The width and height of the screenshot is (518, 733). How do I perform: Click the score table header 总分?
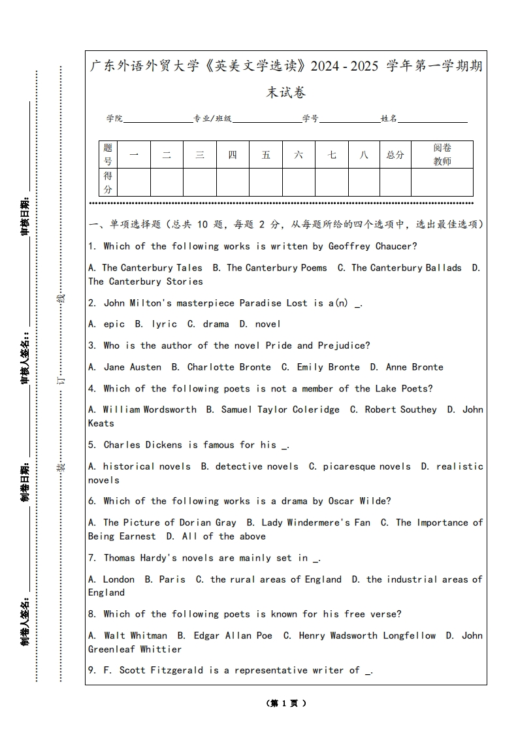[x=395, y=155]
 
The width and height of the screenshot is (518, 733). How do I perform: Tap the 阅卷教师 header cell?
[x=442, y=155]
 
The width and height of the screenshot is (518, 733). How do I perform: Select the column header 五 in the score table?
[x=266, y=155]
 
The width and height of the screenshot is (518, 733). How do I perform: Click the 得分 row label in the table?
[x=108, y=182]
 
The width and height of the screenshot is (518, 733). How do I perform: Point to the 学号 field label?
[x=310, y=119]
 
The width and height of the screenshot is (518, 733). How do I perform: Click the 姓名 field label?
[x=389, y=119]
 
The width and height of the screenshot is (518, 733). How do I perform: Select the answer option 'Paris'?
[x=172, y=579]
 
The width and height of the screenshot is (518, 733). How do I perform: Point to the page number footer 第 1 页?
[x=286, y=703]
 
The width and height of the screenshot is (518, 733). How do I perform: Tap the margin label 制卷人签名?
[x=25, y=619]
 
